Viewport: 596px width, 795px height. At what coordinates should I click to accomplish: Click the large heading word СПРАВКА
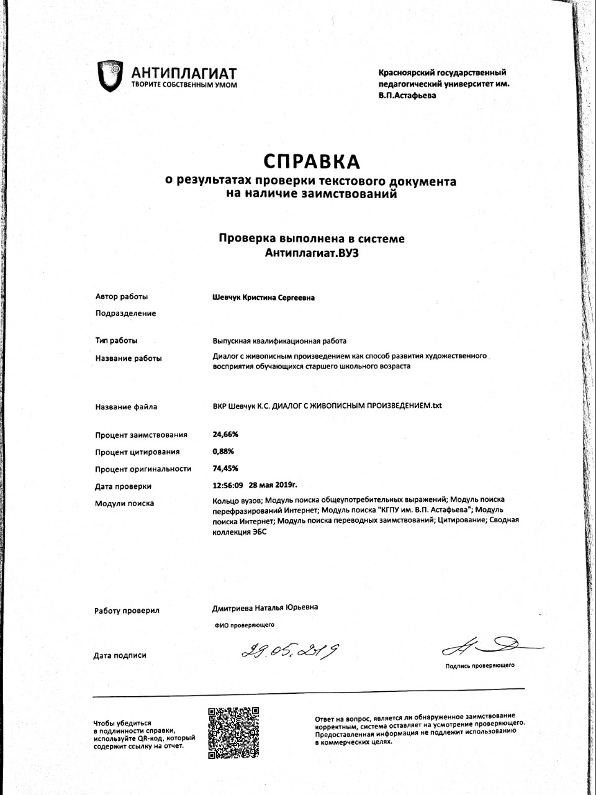(312, 161)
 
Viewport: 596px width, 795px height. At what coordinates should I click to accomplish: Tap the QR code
(233, 733)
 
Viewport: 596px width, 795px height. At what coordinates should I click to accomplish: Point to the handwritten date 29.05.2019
(291, 651)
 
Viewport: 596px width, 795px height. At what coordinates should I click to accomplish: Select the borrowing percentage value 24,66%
(225, 435)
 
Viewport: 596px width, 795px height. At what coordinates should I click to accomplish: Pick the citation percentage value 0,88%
(223, 452)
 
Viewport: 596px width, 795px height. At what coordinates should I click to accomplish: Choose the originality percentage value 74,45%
(225, 469)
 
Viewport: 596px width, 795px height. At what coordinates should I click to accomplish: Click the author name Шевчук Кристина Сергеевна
(263, 298)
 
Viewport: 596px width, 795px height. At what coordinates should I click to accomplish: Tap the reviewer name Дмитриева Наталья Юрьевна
(265, 607)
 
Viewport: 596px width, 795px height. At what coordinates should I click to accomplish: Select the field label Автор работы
(122, 297)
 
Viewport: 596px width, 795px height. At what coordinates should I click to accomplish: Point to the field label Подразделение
(125, 314)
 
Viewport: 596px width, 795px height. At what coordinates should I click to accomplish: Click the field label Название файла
(126, 407)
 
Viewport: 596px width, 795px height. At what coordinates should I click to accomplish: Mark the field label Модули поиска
(124, 504)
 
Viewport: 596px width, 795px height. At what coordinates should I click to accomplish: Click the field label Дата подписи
(120, 656)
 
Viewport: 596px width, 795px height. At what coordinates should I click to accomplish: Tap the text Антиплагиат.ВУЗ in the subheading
(312, 253)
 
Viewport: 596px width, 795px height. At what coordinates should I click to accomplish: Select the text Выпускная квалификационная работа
(279, 341)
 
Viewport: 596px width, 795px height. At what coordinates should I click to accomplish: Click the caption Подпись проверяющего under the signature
(479, 666)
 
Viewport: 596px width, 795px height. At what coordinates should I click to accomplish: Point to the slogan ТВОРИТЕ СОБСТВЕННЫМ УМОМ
(184, 84)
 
